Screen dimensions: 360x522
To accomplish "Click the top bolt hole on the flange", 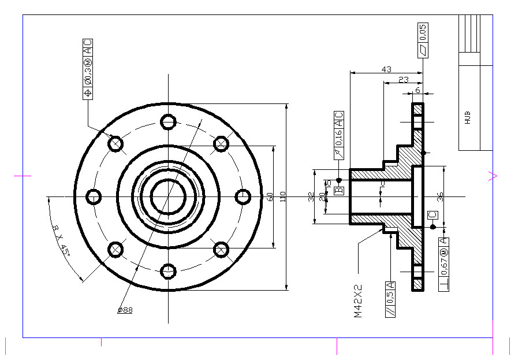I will click(x=168, y=122).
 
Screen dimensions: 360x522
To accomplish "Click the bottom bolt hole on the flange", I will click(x=168, y=270).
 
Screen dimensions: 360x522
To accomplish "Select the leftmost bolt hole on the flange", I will click(x=94, y=196).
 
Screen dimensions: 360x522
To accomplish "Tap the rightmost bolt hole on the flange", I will click(x=243, y=196).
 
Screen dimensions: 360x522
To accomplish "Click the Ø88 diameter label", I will click(x=125, y=310).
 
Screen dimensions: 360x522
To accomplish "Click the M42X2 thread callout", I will click(x=358, y=300).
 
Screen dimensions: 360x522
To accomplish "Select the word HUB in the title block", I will click(x=467, y=118).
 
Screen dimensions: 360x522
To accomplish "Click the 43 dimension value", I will click(x=386, y=69).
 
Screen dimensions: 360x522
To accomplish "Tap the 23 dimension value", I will click(x=404, y=80).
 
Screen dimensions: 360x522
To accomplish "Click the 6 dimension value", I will click(x=417, y=90).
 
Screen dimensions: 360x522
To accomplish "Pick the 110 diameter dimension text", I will click(x=283, y=196).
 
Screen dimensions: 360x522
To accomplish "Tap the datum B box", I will click(x=339, y=190).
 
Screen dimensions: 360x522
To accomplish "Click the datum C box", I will click(x=432, y=215).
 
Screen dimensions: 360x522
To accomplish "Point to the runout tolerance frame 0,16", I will click(x=338, y=135).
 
